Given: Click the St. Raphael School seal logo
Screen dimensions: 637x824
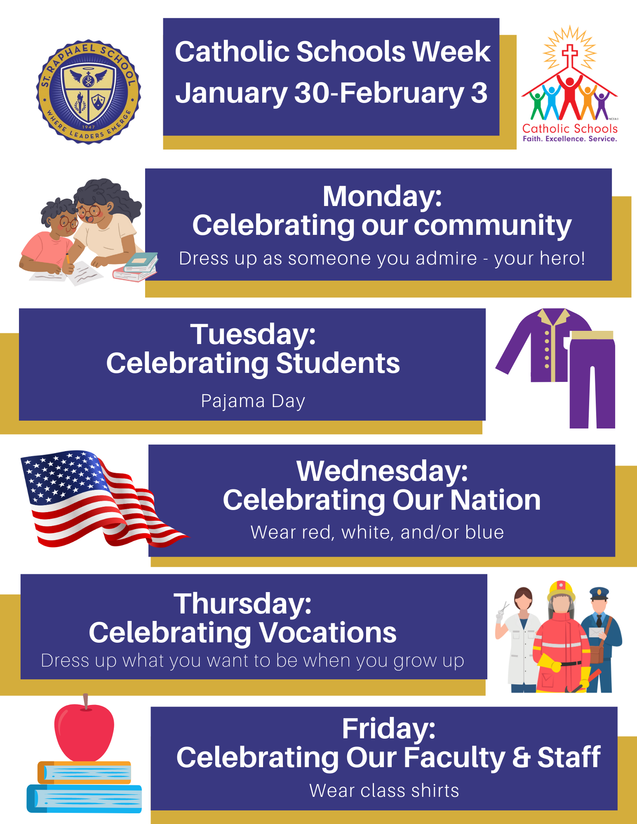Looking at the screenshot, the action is click(89, 92).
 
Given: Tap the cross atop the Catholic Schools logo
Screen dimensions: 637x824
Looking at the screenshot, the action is click(570, 56).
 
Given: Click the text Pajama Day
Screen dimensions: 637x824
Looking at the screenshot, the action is click(253, 401).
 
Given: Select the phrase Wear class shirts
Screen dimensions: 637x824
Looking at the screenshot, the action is click(384, 791).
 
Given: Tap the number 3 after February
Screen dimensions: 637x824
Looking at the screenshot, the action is click(479, 93).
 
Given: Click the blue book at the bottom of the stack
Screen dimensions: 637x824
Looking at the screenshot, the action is click(84, 798).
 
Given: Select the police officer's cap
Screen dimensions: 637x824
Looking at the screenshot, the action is click(599, 593).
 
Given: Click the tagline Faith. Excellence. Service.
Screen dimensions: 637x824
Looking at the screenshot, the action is click(570, 139).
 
